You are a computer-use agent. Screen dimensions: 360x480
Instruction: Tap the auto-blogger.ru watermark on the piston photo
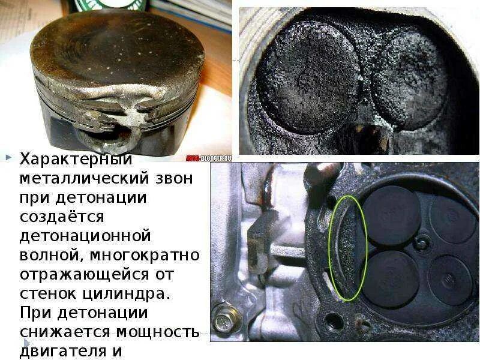coord(208,157)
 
